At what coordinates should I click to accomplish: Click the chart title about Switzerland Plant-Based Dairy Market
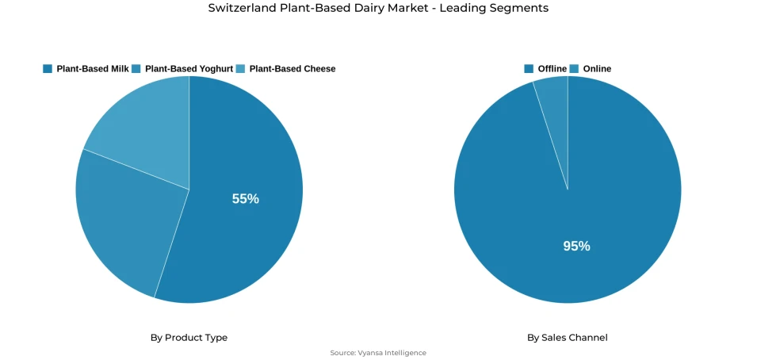378,8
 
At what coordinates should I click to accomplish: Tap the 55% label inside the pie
245,199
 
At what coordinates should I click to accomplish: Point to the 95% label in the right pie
576,246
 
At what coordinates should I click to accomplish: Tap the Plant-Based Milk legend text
93,69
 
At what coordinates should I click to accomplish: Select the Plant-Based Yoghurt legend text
189,69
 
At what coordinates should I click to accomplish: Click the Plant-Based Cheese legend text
292,69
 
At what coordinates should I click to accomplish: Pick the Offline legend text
552,69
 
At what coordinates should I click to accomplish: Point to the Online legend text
597,69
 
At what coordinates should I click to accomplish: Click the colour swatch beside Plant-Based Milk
48,69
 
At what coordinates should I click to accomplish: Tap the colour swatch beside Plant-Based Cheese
240,69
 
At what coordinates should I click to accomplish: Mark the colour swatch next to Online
575,69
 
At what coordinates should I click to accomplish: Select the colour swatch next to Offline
529,69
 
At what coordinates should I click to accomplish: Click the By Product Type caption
189,338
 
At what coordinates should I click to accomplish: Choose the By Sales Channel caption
567,338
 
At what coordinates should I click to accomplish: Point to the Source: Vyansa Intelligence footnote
378,353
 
